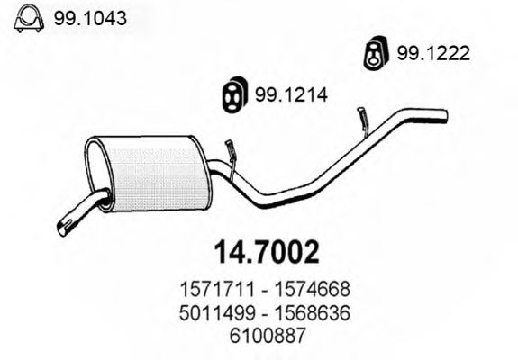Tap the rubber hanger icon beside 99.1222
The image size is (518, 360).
click(x=372, y=54)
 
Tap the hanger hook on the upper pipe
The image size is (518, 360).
click(x=363, y=118)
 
